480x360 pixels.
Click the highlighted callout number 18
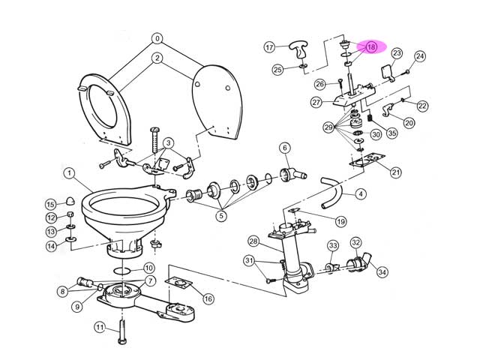click(x=371, y=46)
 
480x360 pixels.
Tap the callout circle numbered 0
click(x=157, y=37)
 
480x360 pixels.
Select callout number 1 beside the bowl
click(x=68, y=174)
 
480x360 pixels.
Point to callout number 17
click(x=270, y=47)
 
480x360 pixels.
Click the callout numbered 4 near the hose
click(x=361, y=194)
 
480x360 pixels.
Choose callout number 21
click(x=395, y=172)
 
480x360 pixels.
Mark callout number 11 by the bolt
click(x=99, y=327)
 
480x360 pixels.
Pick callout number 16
click(x=208, y=298)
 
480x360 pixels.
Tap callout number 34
click(x=382, y=272)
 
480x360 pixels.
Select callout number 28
click(x=253, y=241)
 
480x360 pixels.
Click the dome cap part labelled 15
click(x=71, y=202)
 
